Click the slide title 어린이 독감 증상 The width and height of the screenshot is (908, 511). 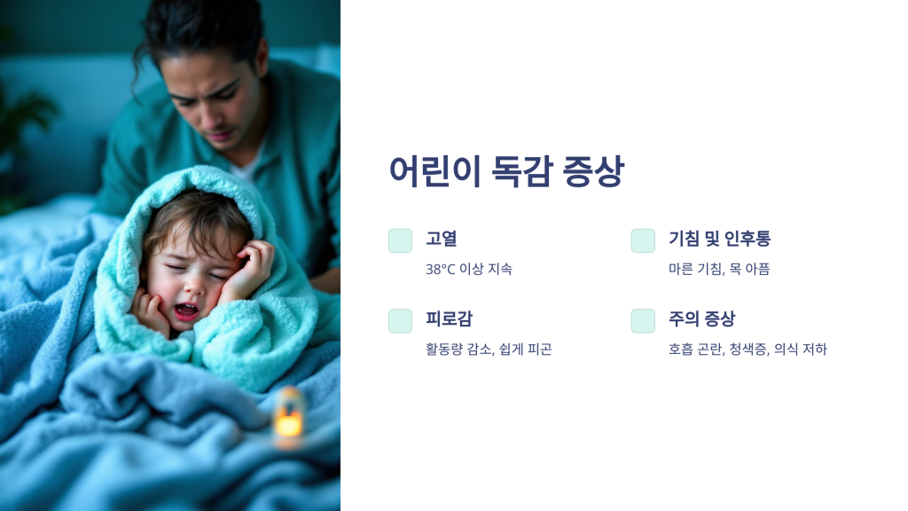506,171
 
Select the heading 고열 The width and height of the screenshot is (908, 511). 442,238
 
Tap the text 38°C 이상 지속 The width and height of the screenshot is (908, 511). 469,269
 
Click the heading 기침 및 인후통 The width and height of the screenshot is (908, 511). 720,238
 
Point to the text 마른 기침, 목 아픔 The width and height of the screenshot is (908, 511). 719,269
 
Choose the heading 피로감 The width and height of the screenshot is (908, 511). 450,318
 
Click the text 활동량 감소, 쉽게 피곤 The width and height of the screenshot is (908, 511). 489,349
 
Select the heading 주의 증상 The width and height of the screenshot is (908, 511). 702,318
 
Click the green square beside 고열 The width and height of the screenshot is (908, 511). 400,240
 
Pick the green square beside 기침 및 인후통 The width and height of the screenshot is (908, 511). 643,240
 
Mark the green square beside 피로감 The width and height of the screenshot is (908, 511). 400,321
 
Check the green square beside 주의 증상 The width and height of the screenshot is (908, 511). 643,321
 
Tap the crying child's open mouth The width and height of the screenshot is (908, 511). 186,311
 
